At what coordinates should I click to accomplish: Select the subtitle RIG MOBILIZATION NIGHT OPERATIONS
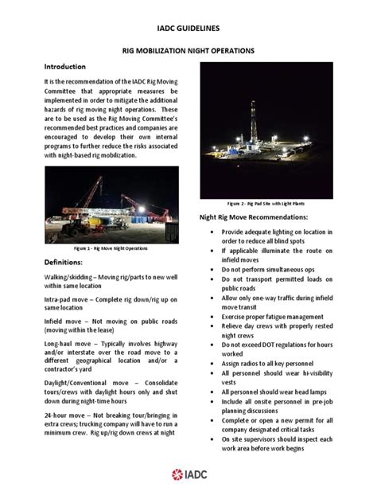tap(188, 50)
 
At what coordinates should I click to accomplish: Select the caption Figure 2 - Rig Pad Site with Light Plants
tap(267, 203)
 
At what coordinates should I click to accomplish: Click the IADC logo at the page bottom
tap(188, 475)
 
